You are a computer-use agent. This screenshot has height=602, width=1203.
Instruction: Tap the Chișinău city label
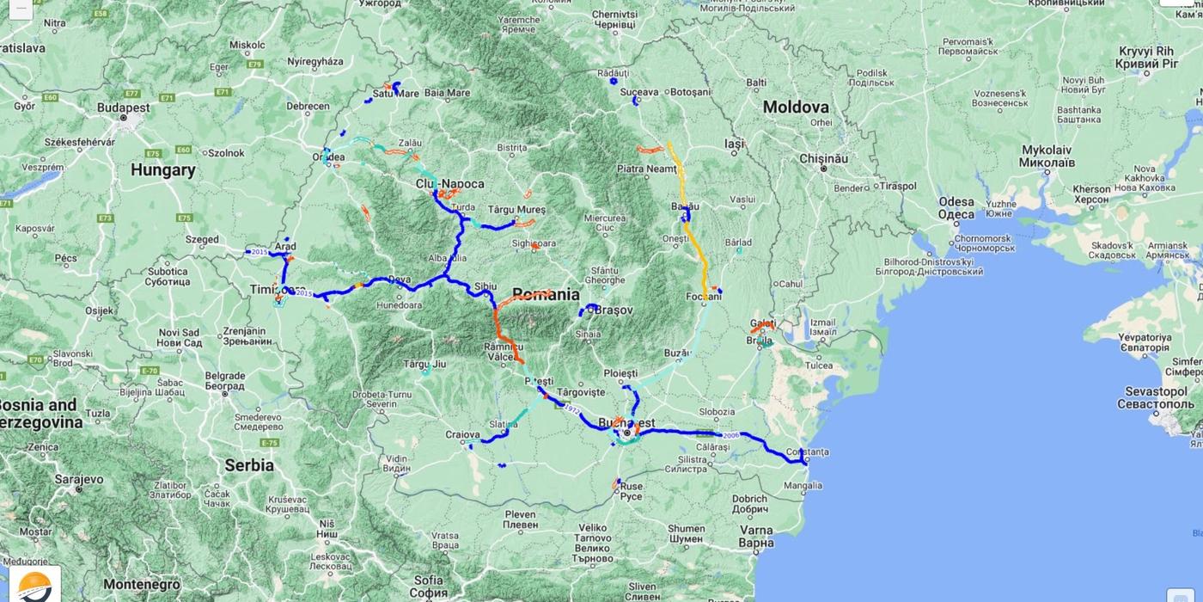(823, 158)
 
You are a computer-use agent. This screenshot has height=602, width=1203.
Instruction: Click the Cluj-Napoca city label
(449, 184)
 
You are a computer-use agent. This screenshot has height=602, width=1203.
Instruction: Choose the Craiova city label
(461, 434)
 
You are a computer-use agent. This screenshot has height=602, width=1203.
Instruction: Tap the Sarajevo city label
(79, 479)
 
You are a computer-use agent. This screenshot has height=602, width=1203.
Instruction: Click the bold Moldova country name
(796, 107)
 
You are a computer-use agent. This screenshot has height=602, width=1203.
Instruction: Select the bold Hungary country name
(163, 170)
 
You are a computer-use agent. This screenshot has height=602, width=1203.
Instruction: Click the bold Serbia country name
(249, 465)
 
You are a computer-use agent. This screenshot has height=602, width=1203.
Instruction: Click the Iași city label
(734, 144)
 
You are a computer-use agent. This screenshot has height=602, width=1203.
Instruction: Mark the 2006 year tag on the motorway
(730, 435)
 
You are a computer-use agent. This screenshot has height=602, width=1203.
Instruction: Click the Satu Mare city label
(396, 93)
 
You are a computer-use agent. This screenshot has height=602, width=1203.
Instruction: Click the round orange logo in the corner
(35, 586)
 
